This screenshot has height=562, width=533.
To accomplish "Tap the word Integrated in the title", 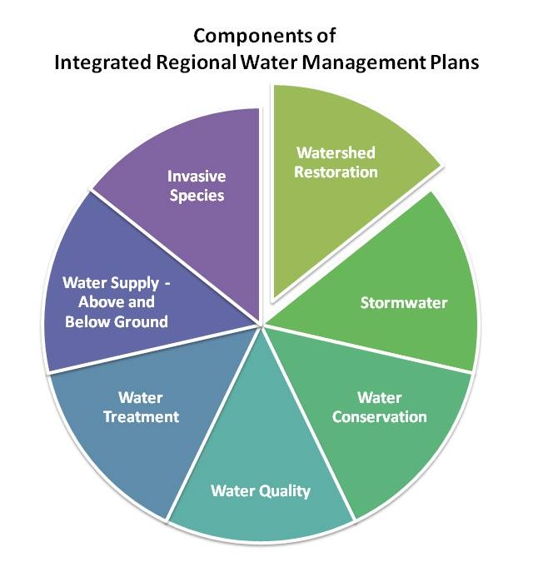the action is [x=103, y=62].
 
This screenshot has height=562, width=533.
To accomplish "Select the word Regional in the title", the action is [x=196, y=62].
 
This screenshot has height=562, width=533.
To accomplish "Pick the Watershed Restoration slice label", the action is [x=336, y=162].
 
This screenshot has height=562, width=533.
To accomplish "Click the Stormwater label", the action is [x=404, y=303].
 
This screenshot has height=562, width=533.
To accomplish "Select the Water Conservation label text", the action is [x=380, y=407].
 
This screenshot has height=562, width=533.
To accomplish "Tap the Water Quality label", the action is [x=261, y=491].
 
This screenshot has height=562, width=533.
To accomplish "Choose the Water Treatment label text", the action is [x=141, y=407].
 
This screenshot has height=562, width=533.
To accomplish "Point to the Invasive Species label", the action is [x=197, y=186].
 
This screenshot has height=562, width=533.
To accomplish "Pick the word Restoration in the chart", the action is [x=336, y=172].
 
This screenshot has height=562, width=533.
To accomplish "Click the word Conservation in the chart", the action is [x=380, y=417].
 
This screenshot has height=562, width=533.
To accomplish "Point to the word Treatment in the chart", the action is [x=142, y=417].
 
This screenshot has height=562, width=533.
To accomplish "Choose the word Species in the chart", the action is [x=197, y=196].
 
